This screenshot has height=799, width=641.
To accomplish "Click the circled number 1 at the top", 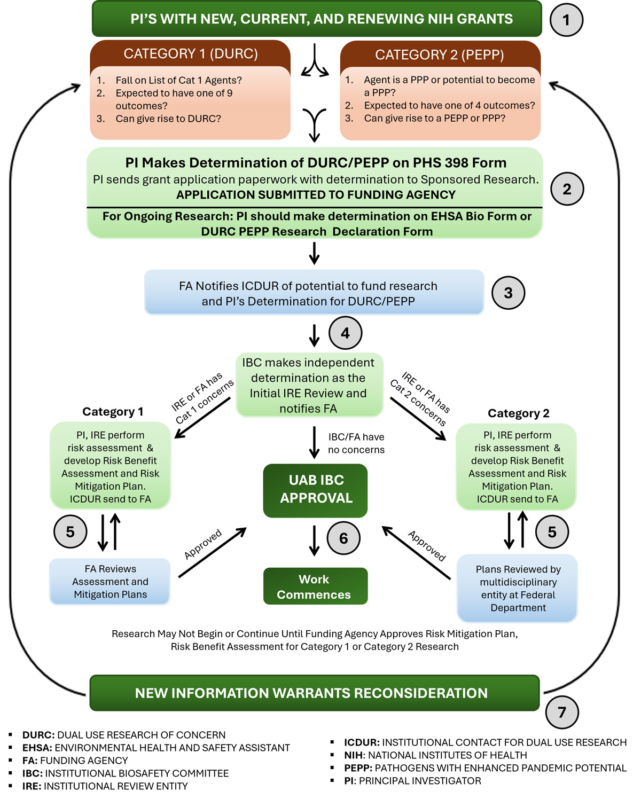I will tap(566, 20).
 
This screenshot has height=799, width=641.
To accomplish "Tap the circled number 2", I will tap(567, 189).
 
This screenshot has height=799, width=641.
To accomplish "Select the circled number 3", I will tap(508, 293).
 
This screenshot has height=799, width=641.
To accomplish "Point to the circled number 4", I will tap(345, 333).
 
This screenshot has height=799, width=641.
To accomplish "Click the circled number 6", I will tap(343, 538).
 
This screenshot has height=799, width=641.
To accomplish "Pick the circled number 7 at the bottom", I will tap(562, 712).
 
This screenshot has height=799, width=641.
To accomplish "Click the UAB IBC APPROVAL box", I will tap(315, 490).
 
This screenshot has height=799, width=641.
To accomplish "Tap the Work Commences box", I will tap(315, 586).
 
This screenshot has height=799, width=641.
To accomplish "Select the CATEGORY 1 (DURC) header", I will tap(191, 54).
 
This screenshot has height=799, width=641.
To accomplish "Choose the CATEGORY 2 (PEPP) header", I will tap(440, 54).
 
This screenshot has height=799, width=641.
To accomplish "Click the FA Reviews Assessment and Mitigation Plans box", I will tap(110, 582).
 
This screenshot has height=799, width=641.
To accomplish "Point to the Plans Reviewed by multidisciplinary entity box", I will tap(518, 589).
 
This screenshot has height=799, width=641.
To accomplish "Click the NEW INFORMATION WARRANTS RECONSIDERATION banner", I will tap(314, 693).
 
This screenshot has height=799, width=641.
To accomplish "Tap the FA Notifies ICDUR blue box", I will tap(314, 293).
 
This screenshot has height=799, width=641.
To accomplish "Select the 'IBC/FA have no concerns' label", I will tap(356, 443).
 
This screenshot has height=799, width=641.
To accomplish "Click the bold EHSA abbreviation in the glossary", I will tap(37, 748).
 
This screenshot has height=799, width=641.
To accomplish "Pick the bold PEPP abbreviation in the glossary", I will tap(358, 768).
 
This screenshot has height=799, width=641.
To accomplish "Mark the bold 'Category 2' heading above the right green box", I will tap(518, 413).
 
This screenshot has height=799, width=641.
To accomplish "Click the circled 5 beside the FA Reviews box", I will tap(70, 531).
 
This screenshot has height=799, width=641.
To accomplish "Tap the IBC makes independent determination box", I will tap(309, 385).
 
